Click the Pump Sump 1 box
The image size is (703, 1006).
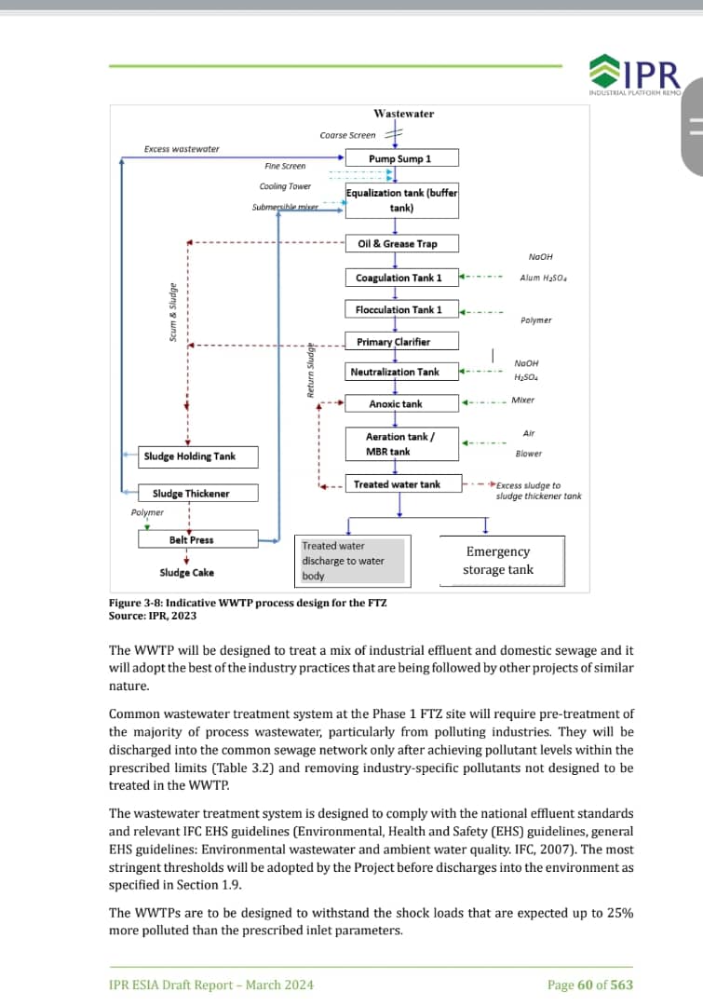tap(401, 158)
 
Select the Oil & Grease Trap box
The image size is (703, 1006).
tap(401, 244)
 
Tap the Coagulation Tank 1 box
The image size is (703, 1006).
tap(401, 278)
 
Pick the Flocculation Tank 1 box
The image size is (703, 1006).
tap(401, 309)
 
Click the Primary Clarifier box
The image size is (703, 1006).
tap(401, 342)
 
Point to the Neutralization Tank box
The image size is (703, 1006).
tap(401, 372)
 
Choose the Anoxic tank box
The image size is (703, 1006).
tap(401, 403)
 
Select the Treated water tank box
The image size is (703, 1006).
tap(401, 484)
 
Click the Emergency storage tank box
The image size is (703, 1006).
tap(501, 561)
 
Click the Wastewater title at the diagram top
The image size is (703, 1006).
tap(403, 114)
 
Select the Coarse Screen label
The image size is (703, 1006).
tap(347, 135)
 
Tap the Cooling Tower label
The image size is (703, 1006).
tap(285, 186)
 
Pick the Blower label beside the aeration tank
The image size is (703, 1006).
tap(528, 454)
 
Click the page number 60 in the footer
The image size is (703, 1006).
tap(584, 985)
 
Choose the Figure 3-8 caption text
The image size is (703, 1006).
tap(248, 603)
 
